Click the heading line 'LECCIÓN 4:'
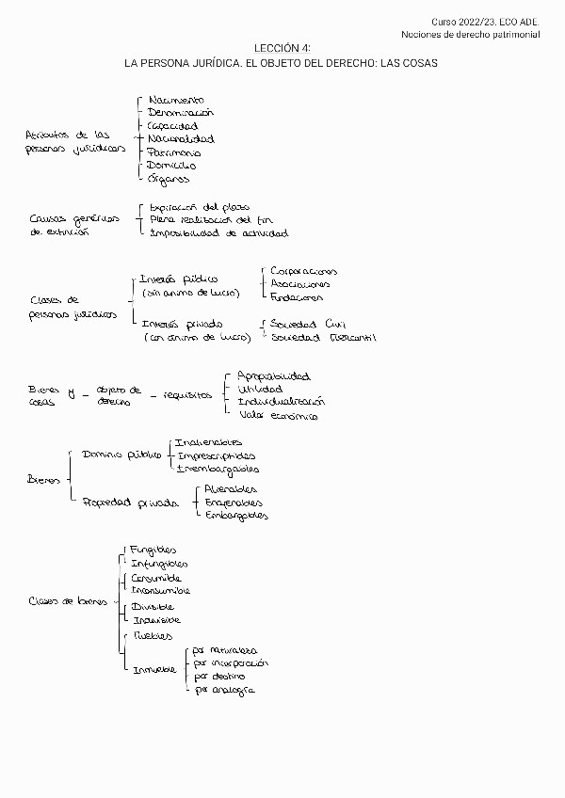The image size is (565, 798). point(282,47)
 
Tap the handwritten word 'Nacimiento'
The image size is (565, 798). point(176,99)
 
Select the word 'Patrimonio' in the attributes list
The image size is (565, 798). point(174,152)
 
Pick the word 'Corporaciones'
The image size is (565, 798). point(303,271)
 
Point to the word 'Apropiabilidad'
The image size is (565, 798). point(273,375)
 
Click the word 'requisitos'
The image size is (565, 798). point(186,395)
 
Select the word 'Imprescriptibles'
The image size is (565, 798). point(218,455)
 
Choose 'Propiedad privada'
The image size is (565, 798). point(130,503)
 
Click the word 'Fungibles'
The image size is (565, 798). point(153,550)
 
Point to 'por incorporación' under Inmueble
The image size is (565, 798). point(230,662)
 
